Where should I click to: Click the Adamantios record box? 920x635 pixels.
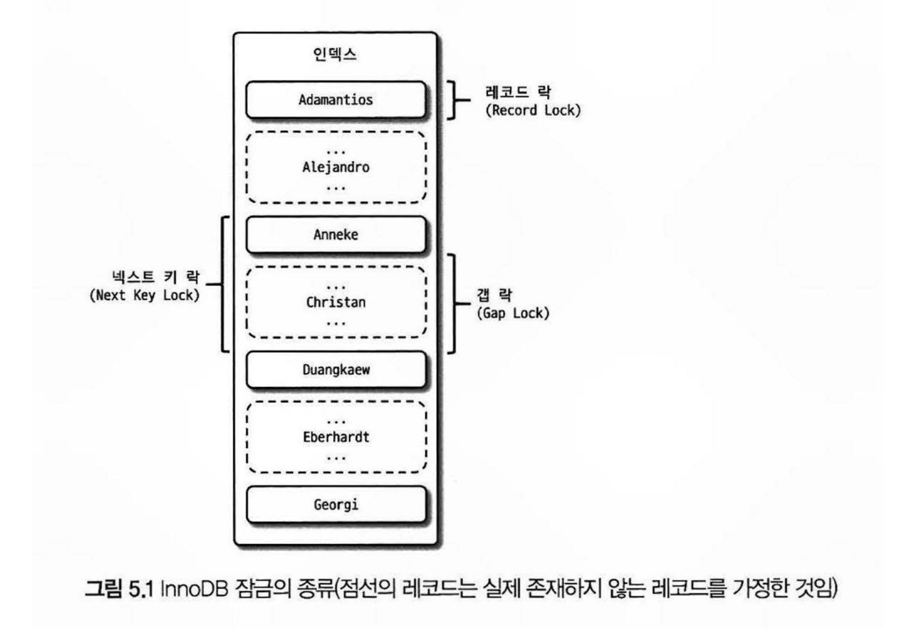335,100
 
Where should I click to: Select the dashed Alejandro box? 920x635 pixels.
335,167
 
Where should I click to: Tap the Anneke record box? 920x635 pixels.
335,235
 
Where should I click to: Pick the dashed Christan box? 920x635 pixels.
335,302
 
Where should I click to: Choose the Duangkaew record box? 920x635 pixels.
335,369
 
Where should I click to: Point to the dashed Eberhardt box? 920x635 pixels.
335,437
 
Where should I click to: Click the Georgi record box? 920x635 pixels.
335,505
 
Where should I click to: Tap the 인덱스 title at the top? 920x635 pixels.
334,54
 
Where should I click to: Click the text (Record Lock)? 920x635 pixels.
533,110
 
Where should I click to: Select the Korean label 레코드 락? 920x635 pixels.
518,92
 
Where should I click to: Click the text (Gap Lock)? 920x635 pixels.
513,313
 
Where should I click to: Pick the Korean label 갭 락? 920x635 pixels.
494,295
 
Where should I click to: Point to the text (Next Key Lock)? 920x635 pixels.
144,295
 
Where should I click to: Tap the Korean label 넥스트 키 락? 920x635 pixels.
156,277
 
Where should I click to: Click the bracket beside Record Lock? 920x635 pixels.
454,100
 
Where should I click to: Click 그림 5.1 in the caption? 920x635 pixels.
118,589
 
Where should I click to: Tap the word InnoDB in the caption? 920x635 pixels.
194,589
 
